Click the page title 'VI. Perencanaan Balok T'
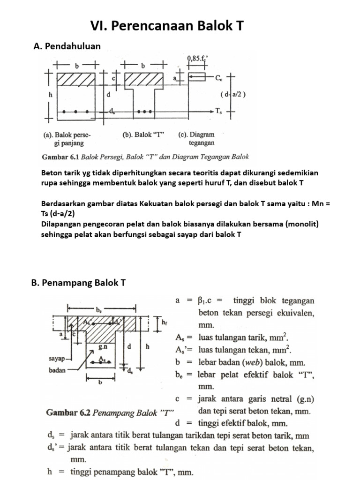coord(167,25)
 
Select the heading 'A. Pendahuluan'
coord(67,46)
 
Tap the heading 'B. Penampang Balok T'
coord(84,283)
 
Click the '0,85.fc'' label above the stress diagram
coord(197,58)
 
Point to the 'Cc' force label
coord(219,78)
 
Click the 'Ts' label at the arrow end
coord(219,111)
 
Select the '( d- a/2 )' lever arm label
coord(233,94)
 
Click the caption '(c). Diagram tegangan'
coord(197,138)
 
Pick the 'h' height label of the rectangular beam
coord(51,94)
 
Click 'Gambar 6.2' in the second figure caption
coord(67,412)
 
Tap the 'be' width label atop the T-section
coord(99,310)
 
